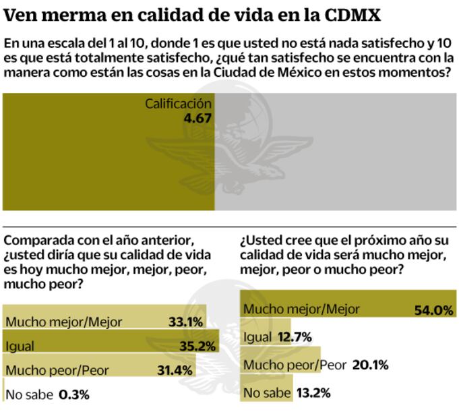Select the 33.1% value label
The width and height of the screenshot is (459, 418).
click(x=184, y=322)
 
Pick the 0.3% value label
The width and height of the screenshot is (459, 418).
click(x=74, y=394)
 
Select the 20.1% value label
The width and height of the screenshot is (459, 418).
click(x=371, y=365)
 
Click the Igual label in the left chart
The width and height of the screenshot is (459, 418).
click(x=21, y=346)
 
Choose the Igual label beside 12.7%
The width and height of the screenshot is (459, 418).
click(x=257, y=336)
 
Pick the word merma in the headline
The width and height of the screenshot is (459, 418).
click(x=71, y=13)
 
